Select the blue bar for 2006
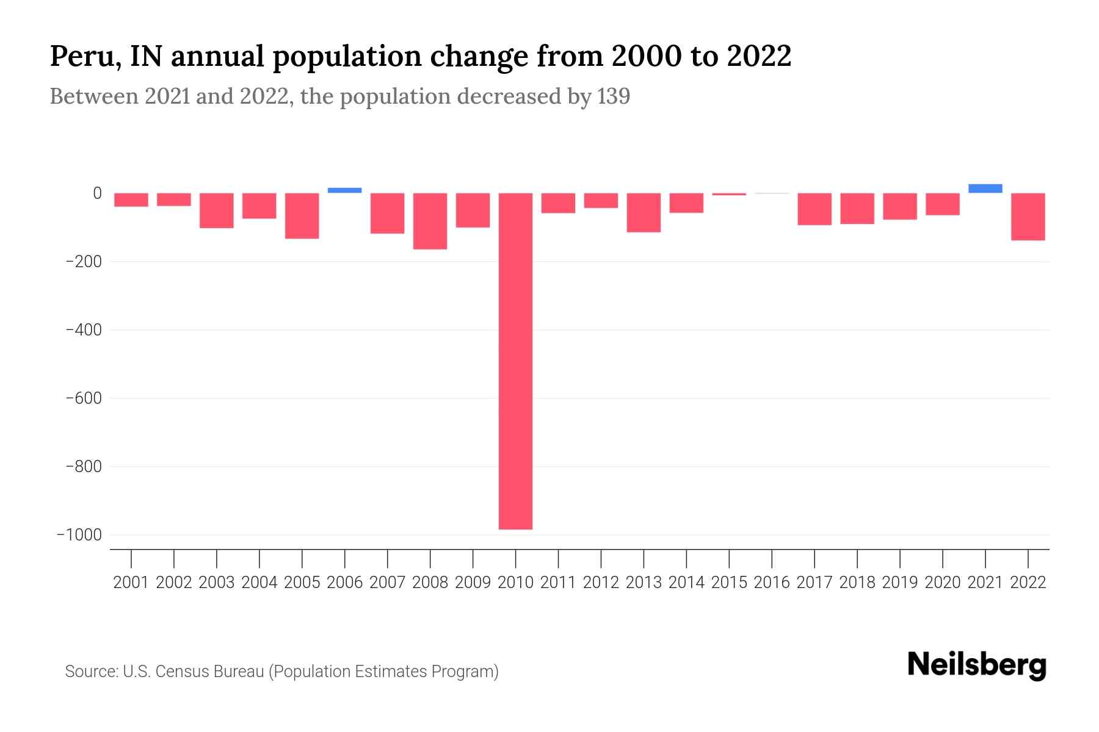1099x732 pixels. coord(344,190)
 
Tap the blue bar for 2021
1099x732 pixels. coord(985,188)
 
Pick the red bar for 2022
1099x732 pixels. coord(1028,217)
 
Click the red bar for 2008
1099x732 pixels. coord(430,221)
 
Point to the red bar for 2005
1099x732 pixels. coord(302,215)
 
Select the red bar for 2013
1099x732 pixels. coord(644,212)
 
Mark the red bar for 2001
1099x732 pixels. coord(131,200)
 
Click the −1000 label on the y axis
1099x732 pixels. coord(79,535)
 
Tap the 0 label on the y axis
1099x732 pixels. coord(97,193)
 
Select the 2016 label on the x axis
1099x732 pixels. coord(772,583)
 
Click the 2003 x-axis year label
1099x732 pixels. coord(217,583)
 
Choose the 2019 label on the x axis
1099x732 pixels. coord(899,583)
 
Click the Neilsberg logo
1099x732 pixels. coord(976,666)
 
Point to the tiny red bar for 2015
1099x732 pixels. coord(729,194)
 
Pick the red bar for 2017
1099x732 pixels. coord(814,209)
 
